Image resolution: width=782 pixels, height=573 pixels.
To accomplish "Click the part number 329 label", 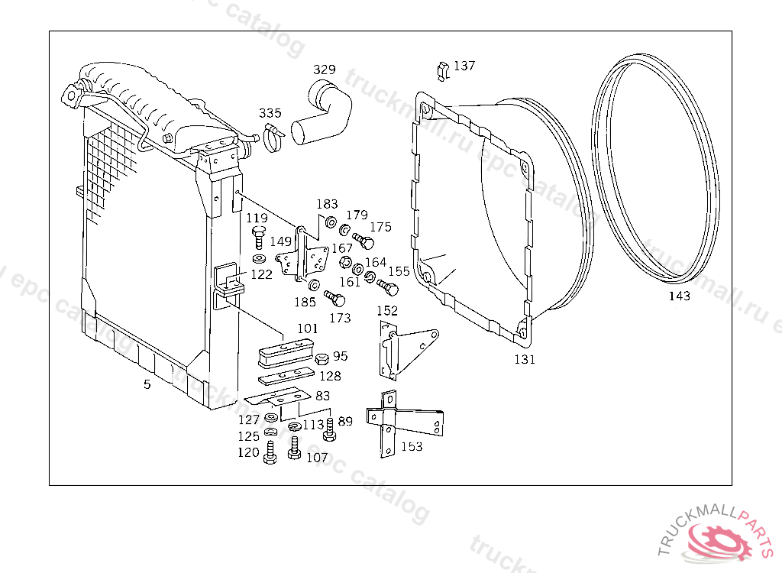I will coord(324,70).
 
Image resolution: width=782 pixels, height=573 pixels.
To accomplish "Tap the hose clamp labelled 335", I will coord(273,138).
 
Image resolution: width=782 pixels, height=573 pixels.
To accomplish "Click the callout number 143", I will coord(679,296).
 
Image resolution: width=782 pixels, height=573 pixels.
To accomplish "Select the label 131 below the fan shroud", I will coord(524,359).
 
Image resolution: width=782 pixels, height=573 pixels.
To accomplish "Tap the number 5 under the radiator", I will coord(147,384).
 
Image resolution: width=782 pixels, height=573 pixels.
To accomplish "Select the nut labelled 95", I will coord(322,358).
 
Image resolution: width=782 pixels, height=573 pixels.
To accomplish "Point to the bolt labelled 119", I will coord(258,236).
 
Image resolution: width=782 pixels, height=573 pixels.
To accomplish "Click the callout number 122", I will coord(261,274).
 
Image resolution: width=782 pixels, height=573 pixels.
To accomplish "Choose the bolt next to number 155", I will coord(389,287).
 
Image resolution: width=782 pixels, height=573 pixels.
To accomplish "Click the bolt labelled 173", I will coord(331,296).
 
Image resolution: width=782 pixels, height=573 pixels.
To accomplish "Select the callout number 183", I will coord(327,205).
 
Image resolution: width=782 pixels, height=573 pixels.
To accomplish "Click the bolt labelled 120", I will coord(270,452).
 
